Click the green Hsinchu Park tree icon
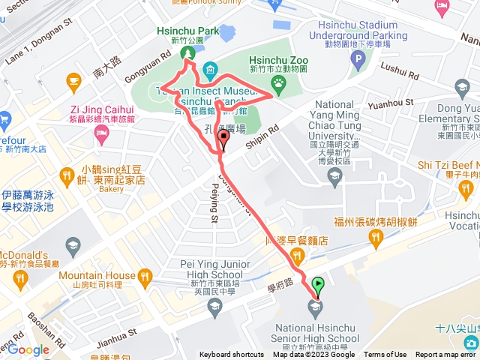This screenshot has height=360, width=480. coord(186,54)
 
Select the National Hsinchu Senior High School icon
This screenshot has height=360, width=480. coord(313,305)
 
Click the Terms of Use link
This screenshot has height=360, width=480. coord(385,355)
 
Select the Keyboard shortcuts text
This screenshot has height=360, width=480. coord(232,355)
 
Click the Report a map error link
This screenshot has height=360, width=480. coord(446,355)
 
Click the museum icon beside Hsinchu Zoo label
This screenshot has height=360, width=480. coord(210,72)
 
